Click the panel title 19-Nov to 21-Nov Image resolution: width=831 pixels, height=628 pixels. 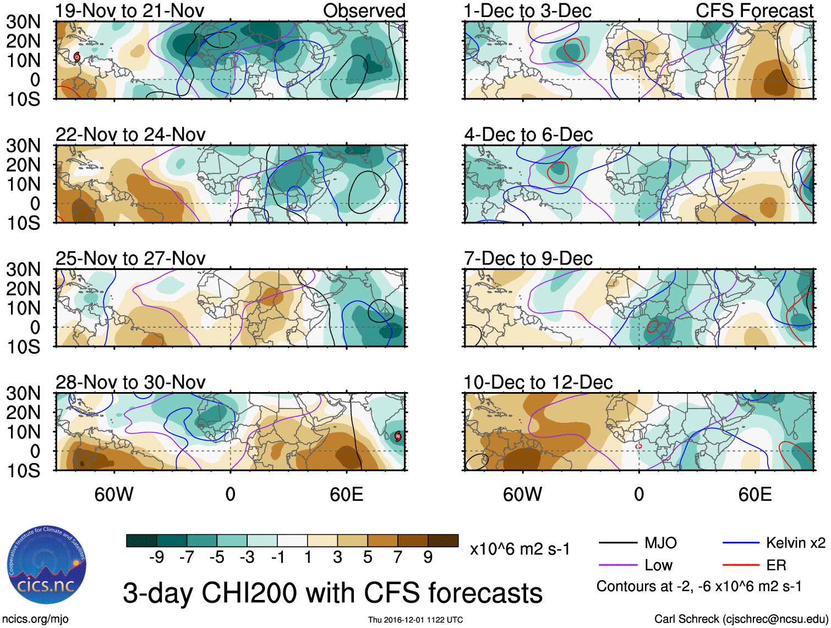[130, 10]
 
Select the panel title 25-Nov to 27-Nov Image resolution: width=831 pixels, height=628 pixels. [130, 258]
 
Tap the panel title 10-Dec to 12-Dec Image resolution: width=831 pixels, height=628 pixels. [538, 382]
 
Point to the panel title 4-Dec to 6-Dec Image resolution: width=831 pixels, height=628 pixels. [528, 134]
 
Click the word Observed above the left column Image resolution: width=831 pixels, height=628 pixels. [364, 10]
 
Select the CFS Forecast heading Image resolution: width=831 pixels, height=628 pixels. [755, 10]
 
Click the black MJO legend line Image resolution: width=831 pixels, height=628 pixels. [617, 543]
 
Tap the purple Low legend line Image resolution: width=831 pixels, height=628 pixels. [617, 565]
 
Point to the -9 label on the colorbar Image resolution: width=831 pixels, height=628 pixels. [156, 558]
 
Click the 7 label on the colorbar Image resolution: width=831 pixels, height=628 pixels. [398, 558]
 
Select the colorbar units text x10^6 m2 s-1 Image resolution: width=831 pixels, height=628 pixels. [520, 549]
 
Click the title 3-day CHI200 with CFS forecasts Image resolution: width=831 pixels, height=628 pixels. [332, 593]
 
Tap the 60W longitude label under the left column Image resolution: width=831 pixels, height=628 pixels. [114, 494]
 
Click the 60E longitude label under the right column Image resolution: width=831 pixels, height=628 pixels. [755, 494]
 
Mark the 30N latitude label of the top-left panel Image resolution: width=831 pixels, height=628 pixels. [24, 22]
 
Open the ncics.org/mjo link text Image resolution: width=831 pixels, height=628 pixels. [35, 619]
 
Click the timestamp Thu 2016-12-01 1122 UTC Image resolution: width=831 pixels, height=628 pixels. [415, 620]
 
